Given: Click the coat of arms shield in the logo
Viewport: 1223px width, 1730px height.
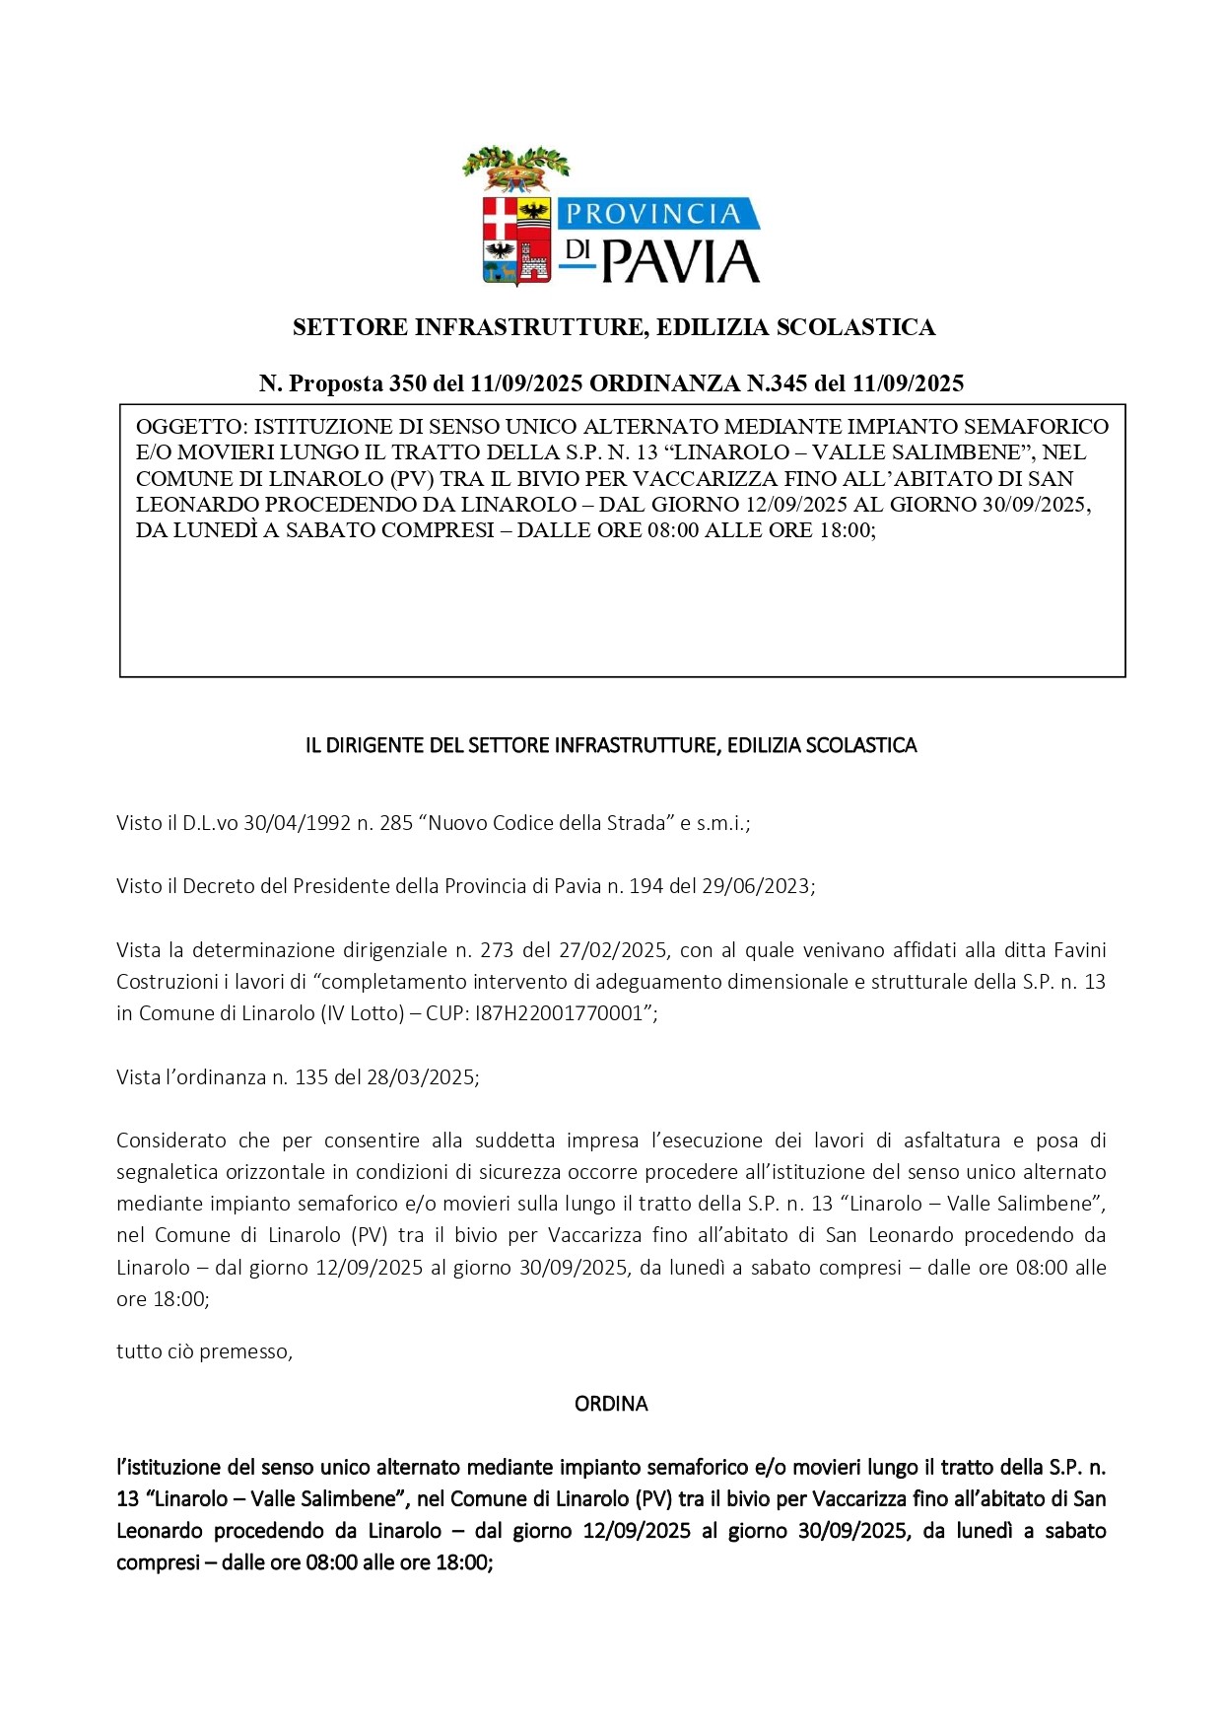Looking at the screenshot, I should coord(517,240).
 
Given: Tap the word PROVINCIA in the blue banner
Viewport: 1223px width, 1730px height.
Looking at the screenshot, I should coord(651,214).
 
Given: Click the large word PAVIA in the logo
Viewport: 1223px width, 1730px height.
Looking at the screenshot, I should coord(681,261).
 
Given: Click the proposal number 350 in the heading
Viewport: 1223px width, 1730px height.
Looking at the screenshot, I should coord(408,383).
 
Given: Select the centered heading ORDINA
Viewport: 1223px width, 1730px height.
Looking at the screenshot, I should coord(611,1404).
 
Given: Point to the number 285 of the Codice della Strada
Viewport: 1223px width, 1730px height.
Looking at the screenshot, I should coord(396,823).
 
